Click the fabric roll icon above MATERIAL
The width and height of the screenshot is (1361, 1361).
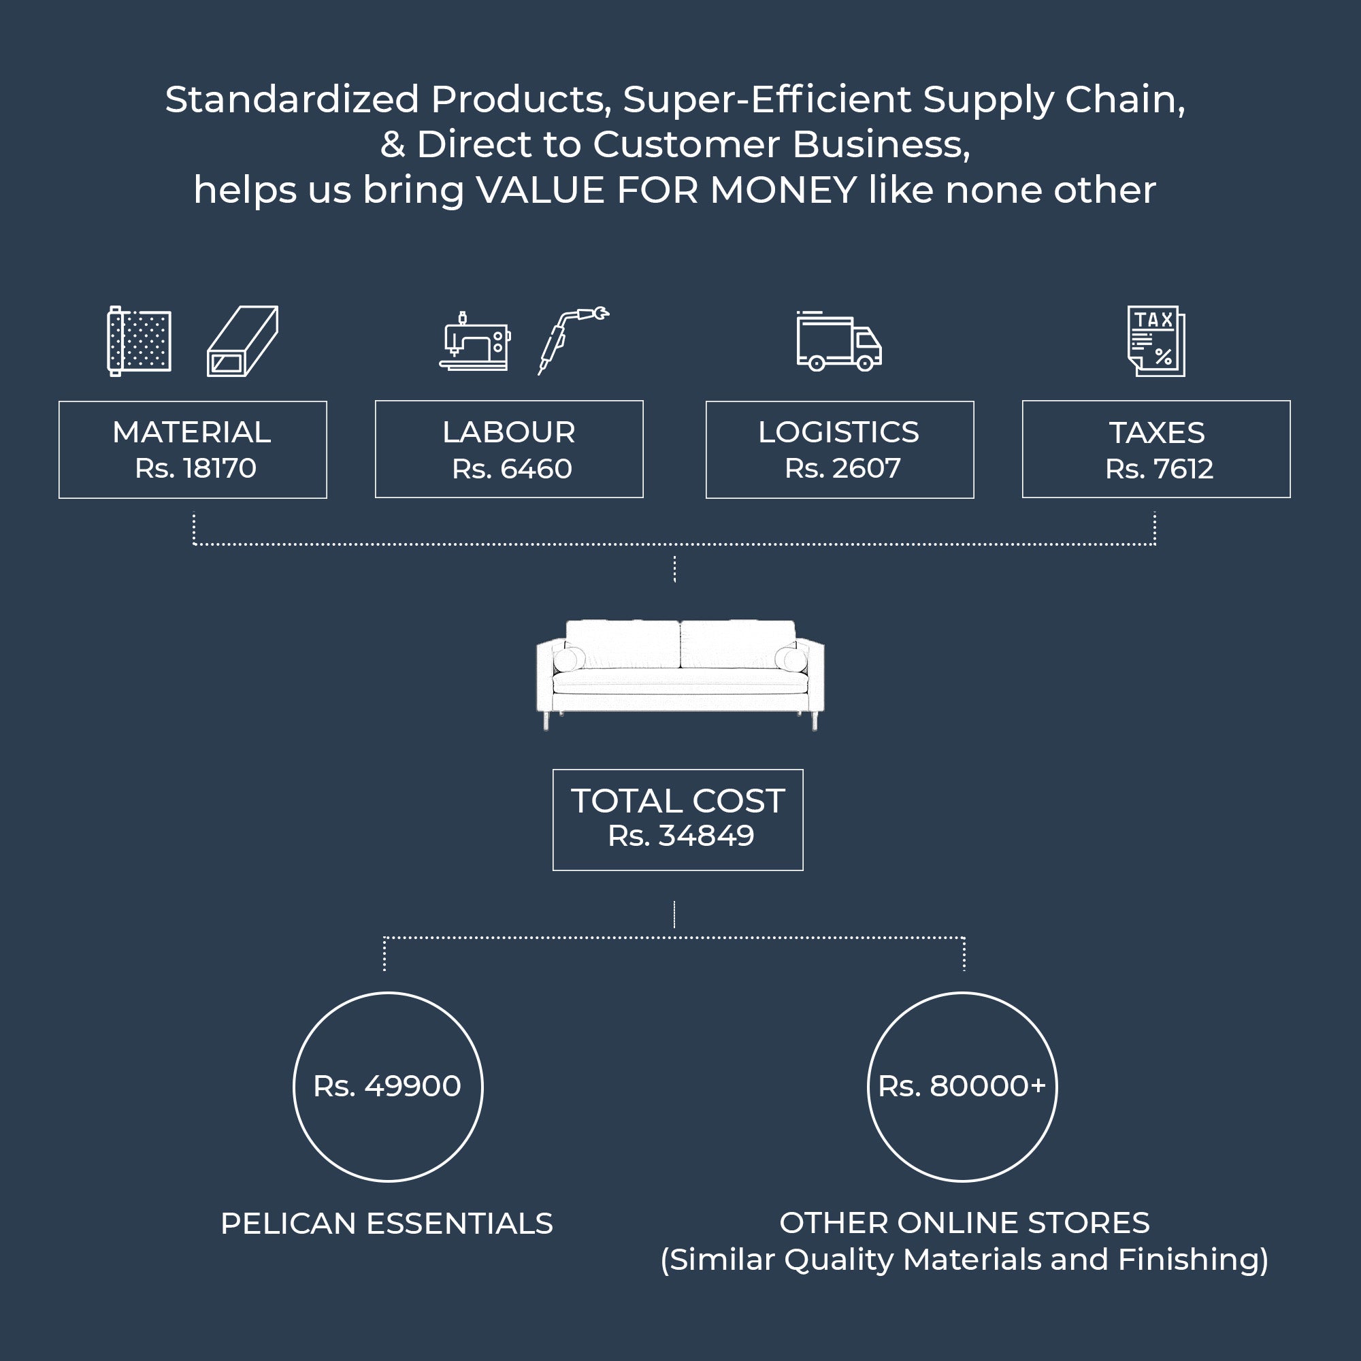[x=140, y=342]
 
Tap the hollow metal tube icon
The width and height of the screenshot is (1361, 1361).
[x=242, y=342]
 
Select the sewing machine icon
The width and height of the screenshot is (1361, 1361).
[x=475, y=342]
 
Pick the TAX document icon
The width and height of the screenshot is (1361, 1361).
[x=1156, y=341]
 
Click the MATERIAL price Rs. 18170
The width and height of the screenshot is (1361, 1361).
[x=196, y=468]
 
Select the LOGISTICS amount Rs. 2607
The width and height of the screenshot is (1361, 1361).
[x=842, y=468]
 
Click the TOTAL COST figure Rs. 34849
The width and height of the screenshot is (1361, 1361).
[x=680, y=836]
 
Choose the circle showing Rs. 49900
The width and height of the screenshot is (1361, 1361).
[x=387, y=1086]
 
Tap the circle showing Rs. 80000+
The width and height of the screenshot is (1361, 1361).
[x=962, y=1086]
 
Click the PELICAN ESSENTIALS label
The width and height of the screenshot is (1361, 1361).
[x=387, y=1224]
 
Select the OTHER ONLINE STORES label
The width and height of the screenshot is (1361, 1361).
[x=964, y=1223]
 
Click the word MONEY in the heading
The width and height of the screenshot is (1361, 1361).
[x=783, y=191]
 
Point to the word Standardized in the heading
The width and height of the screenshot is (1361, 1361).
[x=292, y=99]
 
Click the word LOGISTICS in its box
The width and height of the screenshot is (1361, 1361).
[x=838, y=433]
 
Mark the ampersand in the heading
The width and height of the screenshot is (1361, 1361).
[x=393, y=145]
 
